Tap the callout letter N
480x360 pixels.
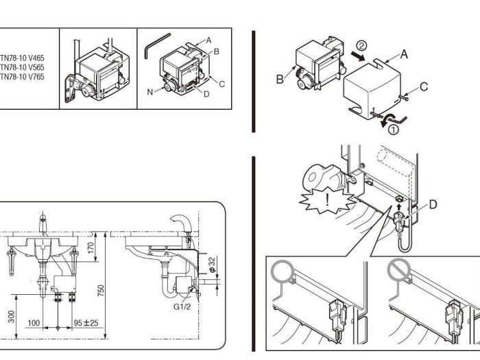pyautogui.click(x=149, y=90)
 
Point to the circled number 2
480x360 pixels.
pyautogui.click(x=361, y=45)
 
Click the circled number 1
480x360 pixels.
pyautogui.click(x=394, y=130)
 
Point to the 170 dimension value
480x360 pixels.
pyautogui.click(x=91, y=248)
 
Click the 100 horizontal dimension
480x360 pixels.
pyautogui.click(x=34, y=322)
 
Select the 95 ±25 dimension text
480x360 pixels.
pyautogui.click(x=85, y=322)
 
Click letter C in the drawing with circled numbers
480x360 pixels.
pyautogui.click(x=423, y=86)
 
